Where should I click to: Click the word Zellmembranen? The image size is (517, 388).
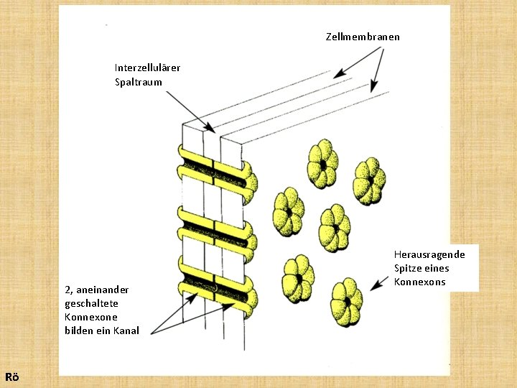coord(363,37)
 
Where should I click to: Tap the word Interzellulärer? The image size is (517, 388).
coord(147,68)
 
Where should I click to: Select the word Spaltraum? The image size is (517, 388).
coord(139,82)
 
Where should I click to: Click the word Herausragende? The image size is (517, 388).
coord(429,254)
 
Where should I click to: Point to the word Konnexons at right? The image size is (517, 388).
coord(420,282)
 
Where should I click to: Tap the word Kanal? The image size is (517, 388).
coord(125,331)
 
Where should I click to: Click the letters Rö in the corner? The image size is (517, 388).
coord(11,377)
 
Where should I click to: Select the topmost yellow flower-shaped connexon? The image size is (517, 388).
coord(323,164)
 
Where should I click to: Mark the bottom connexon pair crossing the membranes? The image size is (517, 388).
coord(214,290)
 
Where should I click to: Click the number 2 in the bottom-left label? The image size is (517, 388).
coord(67,290)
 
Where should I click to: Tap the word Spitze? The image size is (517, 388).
coord(408,268)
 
